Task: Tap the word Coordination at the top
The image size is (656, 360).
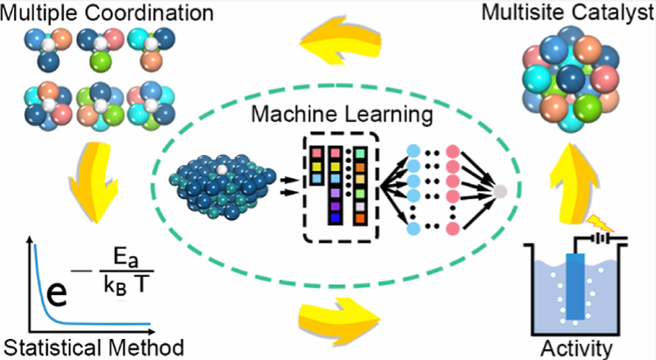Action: (150, 13)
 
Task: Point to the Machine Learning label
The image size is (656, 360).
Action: (342, 113)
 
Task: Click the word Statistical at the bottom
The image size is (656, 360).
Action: (52, 347)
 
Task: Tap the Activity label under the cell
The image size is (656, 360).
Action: (576, 349)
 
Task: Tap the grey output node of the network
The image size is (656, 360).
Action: (500, 192)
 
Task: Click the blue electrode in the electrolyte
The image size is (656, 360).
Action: (575, 286)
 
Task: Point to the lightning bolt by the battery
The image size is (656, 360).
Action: (600, 224)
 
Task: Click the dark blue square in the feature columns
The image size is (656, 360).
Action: (335, 218)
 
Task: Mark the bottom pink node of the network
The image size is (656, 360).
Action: (452, 229)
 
